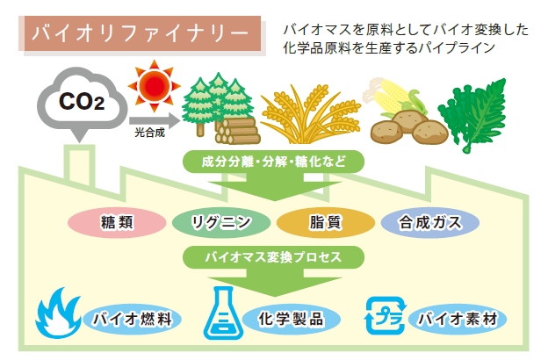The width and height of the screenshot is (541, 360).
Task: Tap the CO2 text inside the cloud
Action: pyautogui.click(x=82, y=101)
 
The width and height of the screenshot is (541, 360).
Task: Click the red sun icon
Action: pyautogui.click(x=155, y=86)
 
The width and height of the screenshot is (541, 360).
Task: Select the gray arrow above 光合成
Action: pyautogui.click(x=155, y=120)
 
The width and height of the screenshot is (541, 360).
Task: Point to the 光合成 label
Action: pyautogui.click(x=149, y=133)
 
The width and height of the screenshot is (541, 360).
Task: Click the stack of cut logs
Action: pyautogui.click(x=238, y=131)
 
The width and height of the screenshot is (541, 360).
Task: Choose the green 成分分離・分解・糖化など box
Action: pyautogui.click(x=273, y=162)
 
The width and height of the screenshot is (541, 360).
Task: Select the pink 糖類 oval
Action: pyautogui.click(x=117, y=222)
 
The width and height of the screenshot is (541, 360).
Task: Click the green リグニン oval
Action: pyautogui.click(x=221, y=222)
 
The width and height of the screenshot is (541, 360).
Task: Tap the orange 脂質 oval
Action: pyautogui.click(x=325, y=222)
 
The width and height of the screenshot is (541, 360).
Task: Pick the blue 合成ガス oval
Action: pyautogui.click(x=430, y=222)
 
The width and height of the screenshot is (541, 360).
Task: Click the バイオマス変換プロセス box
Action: pyautogui.click(x=273, y=257)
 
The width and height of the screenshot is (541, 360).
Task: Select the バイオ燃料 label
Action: pyautogui.click(x=132, y=319)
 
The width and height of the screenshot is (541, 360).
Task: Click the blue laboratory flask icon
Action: pyautogui.click(x=224, y=313)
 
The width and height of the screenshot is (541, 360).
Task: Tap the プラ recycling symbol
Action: pyautogui.click(x=386, y=315)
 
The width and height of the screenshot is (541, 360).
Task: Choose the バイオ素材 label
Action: pyautogui.click(x=458, y=319)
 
